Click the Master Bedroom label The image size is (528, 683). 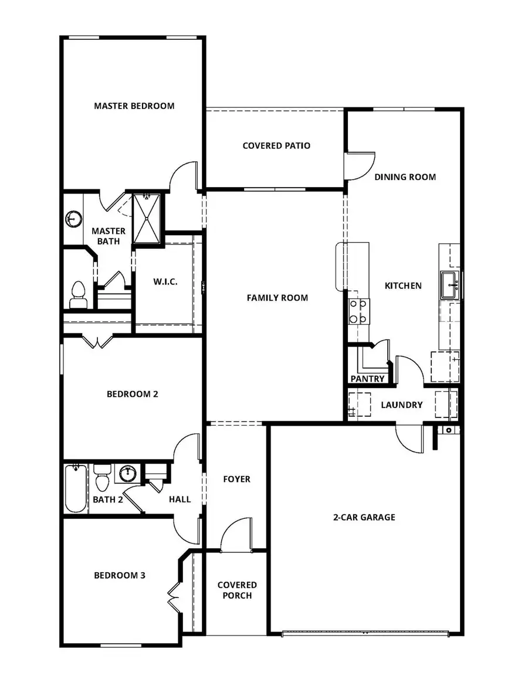pyautogui.click(x=134, y=106)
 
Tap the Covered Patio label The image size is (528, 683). pyautogui.click(x=276, y=145)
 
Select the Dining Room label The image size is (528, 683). pyautogui.click(x=405, y=176)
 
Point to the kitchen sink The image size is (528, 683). pyautogui.click(x=451, y=285)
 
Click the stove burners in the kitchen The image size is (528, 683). pyautogui.click(x=358, y=311)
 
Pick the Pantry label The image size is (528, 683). pyautogui.click(x=367, y=379)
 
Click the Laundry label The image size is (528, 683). pyautogui.click(x=402, y=405)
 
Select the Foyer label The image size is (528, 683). pyautogui.click(x=236, y=479)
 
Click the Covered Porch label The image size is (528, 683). pyautogui.click(x=237, y=590)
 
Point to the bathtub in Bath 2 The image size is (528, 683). pyautogui.click(x=75, y=489)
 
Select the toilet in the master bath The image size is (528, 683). pyautogui.click(x=78, y=295)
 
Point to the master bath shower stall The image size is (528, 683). pyautogui.click(x=146, y=218)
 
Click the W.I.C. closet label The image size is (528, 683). pyautogui.click(x=165, y=282)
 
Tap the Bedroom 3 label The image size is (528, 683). pyautogui.click(x=120, y=575)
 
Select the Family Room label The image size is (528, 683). pyautogui.click(x=277, y=298)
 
